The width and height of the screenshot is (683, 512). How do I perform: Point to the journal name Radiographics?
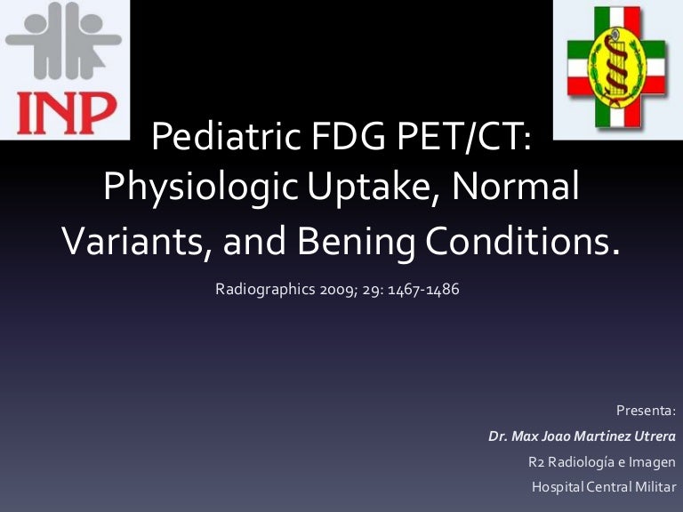[x=262, y=291]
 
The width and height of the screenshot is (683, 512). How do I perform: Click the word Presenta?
[x=647, y=411]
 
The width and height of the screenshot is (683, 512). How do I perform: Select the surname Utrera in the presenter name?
[x=652, y=436]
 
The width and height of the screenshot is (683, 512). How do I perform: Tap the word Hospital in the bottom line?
[x=558, y=487]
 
